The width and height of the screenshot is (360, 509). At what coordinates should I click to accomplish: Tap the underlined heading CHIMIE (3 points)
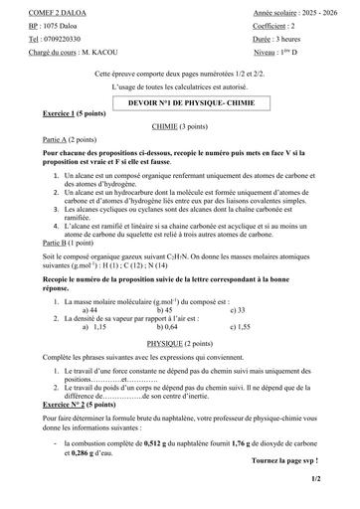tap(180, 128)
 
